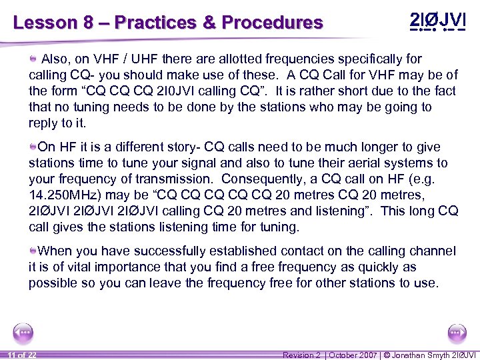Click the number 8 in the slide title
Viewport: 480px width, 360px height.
[x=88, y=23]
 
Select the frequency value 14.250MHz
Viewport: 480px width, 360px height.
[x=63, y=195]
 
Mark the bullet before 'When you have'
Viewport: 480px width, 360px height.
[x=33, y=251]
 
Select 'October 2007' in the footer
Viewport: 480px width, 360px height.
[x=351, y=355]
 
